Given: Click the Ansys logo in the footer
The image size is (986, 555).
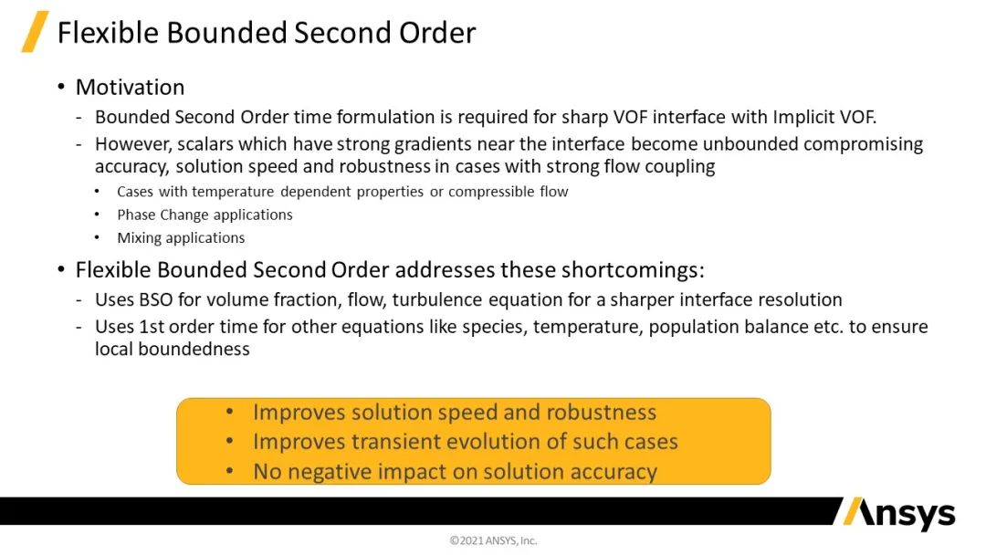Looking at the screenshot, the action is tap(898, 514).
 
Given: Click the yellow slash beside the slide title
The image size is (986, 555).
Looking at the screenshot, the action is tap(35, 31).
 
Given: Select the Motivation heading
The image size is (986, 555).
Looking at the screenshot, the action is tap(131, 88).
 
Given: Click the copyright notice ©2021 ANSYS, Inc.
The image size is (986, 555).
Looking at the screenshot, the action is tap(493, 540).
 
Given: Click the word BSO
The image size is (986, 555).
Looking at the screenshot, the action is tap(156, 299).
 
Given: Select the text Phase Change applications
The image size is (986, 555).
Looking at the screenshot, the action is tap(205, 215).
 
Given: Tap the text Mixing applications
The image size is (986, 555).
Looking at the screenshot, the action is tap(181, 238).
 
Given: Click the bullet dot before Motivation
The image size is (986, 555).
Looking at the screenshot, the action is tap(61, 87).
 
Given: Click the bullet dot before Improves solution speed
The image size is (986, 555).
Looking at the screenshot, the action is tap(230, 413).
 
